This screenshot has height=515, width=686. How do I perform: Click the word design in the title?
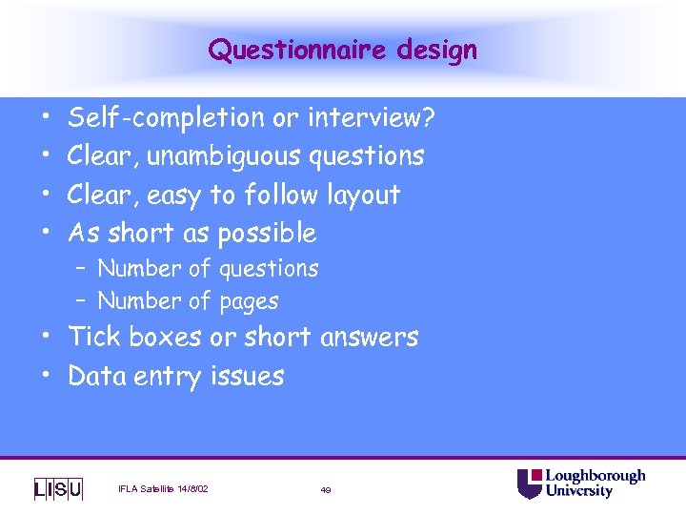tap(439, 50)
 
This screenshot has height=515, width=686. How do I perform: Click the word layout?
tap(363, 195)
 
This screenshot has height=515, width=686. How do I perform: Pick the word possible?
tap(267, 233)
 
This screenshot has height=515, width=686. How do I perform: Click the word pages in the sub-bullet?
tap(248, 301)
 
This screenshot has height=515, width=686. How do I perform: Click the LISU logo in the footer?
tap(58, 489)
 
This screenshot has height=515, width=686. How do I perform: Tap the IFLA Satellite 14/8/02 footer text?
tap(163, 489)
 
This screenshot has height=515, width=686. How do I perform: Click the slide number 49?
tap(326, 490)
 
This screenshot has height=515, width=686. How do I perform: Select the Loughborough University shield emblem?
tap(530, 484)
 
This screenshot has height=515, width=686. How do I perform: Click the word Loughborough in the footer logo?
tap(595, 476)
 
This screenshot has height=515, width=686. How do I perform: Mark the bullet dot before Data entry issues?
tap(46, 376)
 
